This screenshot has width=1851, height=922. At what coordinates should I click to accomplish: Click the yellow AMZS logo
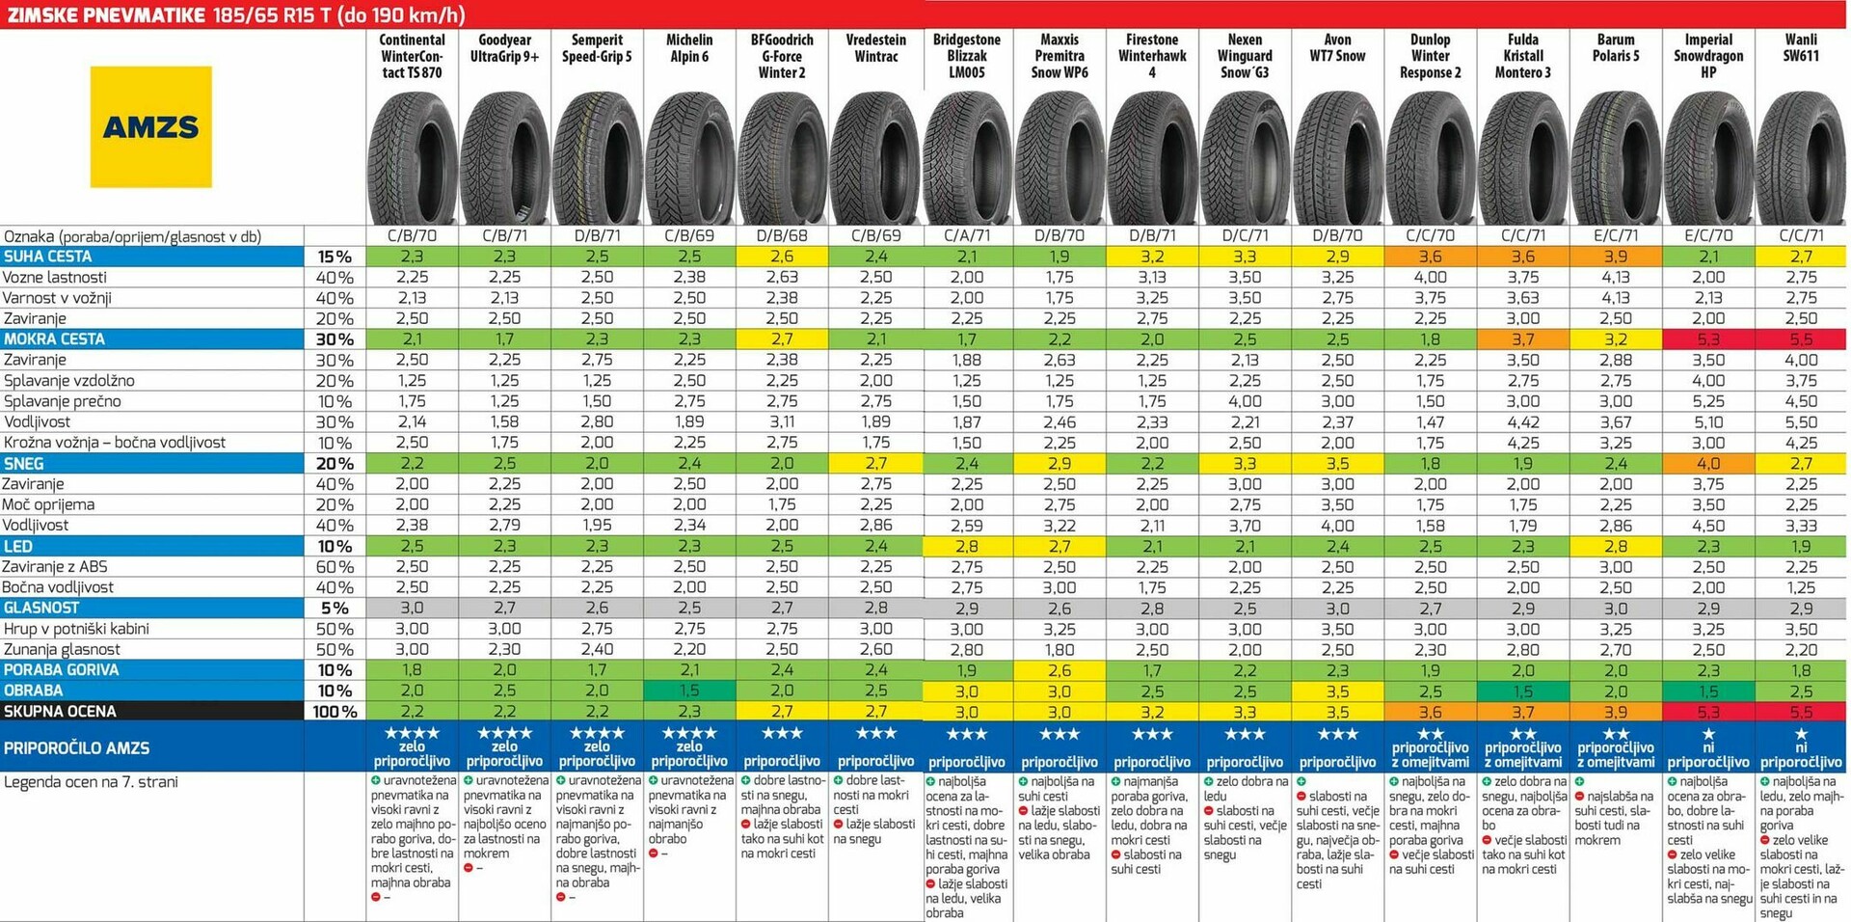click(x=150, y=126)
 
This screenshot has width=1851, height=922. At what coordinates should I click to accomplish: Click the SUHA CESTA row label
click(x=48, y=257)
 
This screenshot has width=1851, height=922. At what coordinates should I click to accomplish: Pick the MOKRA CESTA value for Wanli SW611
click(x=1801, y=339)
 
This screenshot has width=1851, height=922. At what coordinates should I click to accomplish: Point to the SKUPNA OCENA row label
click(x=60, y=712)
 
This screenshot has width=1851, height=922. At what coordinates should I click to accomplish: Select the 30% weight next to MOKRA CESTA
click(x=335, y=339)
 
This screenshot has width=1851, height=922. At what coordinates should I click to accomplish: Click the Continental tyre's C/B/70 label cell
click(x=412, y=235)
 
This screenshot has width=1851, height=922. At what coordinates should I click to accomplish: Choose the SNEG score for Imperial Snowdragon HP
click(x=1708, y=464)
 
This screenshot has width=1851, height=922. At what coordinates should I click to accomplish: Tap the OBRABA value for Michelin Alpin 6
click(x=689, y=691)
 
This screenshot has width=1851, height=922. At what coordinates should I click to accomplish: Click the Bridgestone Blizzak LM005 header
click(x=967, y=56)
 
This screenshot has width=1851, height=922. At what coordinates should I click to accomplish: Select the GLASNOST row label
click(x=40, y=608)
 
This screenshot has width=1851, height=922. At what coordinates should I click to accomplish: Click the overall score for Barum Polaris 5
click(x=1616, y=712)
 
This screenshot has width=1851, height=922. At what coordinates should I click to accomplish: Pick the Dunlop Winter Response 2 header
click(x=1430, y=56)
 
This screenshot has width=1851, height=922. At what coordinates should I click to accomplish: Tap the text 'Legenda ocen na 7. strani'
click(x=91, y=781)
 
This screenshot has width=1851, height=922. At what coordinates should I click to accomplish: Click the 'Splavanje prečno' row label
click(x=63, y=401)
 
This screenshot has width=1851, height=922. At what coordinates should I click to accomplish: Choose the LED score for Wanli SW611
click(x=1801, y=546)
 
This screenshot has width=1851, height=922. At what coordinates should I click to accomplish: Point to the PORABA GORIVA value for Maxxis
click(x=1060, y=670)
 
